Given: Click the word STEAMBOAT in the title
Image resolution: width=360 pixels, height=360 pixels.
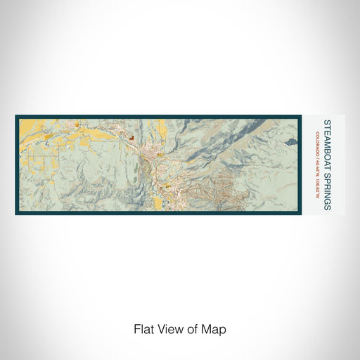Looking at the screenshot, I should [328, 137].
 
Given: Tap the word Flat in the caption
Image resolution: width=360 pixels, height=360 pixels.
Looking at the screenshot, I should [143, 328].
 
